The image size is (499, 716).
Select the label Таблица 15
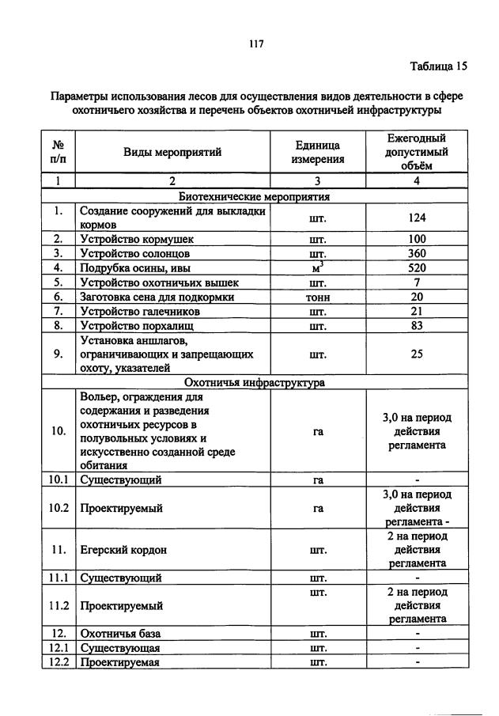(439, 66)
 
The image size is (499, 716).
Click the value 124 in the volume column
(417, 218)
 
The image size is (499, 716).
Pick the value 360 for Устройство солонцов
(417, 253)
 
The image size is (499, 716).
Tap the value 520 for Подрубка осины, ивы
(417, 267)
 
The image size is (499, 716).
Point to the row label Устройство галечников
(140, 311)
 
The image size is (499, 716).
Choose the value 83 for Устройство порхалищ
(417, 325)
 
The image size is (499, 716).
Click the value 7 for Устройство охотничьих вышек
(417, 282)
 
